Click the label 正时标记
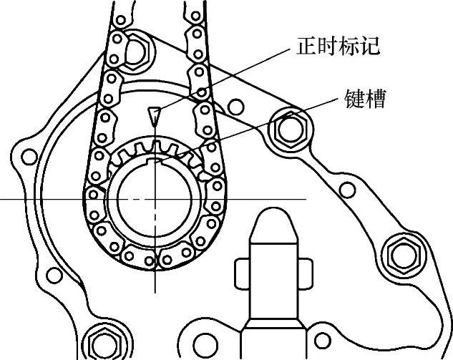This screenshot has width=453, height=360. tap(336, 47)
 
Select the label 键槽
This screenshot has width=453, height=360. tap(364, 98)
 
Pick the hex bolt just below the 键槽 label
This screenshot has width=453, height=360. tap(291, 128)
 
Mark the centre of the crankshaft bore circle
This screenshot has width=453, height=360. tap(152, 198)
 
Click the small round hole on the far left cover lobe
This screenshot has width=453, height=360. tap(29, 155)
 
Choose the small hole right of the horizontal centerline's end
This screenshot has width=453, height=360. tap(346, 190)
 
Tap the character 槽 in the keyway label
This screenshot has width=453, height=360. tap(374, 98)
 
